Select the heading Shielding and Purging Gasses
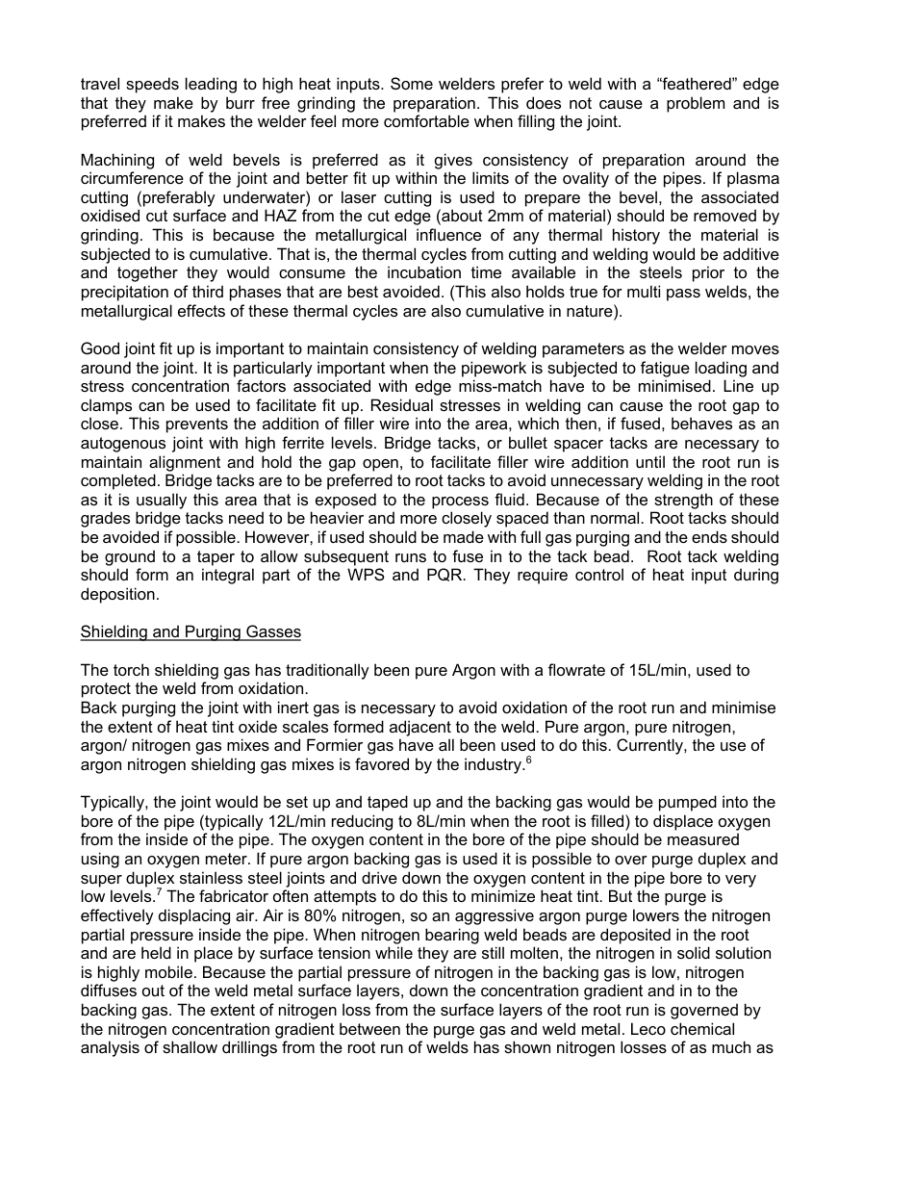click(x=190, y=632)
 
